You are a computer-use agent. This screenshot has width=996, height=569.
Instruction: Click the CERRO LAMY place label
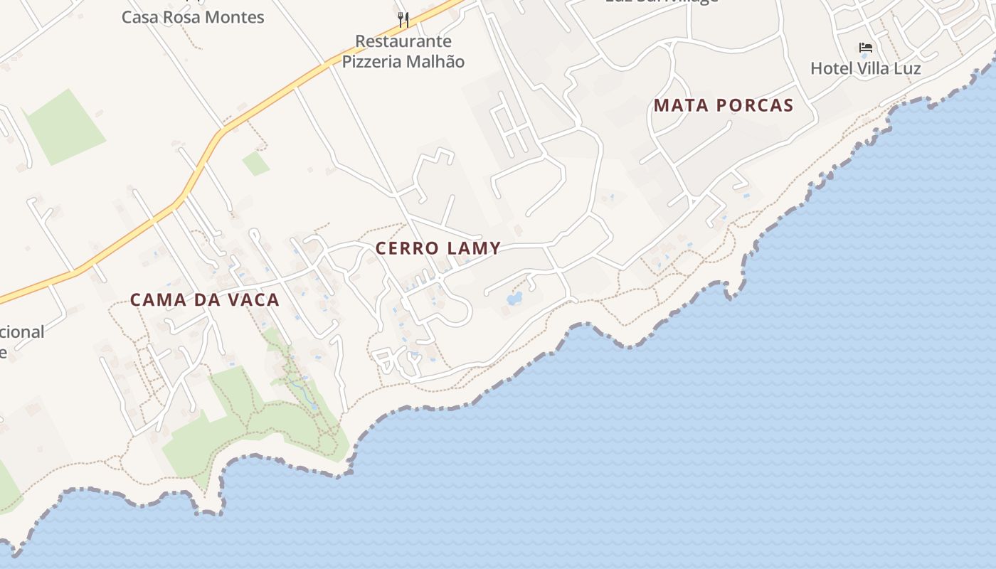pos(438,248)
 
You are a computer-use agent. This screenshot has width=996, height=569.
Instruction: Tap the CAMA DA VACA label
pos(205,300)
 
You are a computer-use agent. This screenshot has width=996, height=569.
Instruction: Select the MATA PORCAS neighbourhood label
pos(724,106)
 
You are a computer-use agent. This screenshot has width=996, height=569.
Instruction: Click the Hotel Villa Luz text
pos(866,69)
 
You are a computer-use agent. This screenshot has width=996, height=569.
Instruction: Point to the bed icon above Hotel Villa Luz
pos(866,48)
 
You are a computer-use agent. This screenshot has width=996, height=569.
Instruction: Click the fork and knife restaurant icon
pos(403,19)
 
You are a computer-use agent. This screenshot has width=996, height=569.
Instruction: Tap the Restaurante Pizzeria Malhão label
pos(403,51)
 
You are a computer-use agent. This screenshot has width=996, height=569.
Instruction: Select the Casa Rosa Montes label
pos(193,17)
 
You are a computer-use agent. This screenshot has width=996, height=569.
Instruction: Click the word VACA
pos(253,300)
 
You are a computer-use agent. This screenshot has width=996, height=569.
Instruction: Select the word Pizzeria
pos(372,62)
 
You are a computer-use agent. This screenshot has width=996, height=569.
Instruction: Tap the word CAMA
pos(156,300)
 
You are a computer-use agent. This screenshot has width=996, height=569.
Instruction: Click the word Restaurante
pos(403,41)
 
